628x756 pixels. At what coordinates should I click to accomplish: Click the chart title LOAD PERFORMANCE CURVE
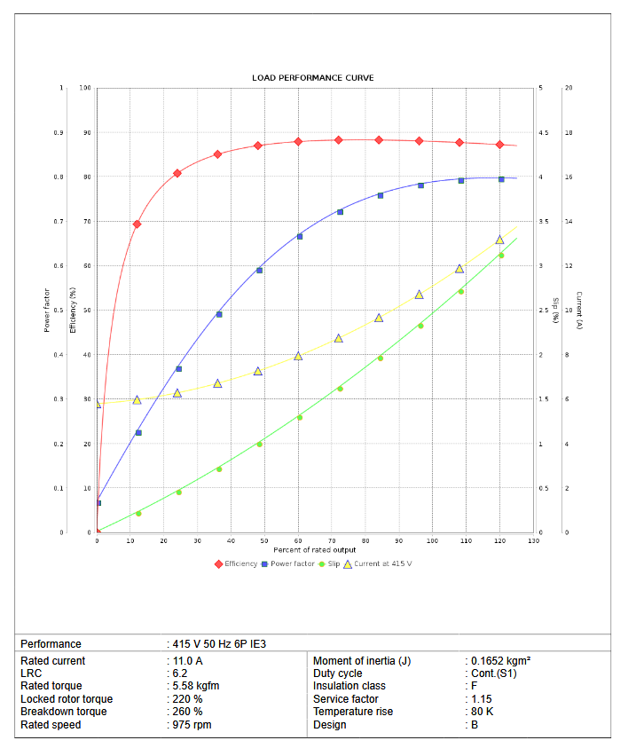click(312, 78)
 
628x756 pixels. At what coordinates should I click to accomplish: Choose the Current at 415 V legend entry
click(377, 563)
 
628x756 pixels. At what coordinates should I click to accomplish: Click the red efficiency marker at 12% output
click(137, 224)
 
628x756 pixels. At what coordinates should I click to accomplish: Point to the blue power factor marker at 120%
click(501, 179)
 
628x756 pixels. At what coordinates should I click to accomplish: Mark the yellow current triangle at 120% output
click(499, 240)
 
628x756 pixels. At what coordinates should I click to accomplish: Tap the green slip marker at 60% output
click(299, 417)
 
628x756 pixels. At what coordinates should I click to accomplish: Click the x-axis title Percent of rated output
click(315, 550)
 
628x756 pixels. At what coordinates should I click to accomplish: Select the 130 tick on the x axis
click(533, 540)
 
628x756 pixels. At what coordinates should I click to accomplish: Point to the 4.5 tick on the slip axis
click(543, 133)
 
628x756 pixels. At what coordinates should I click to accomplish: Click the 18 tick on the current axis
click(569, 133)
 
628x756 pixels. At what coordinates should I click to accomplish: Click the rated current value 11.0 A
click(187, 661)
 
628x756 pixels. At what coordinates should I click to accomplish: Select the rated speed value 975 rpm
click(192, 725)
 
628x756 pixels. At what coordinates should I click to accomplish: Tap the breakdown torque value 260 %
click(187, 712)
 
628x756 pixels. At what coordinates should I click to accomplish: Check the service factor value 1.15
click(482, 699)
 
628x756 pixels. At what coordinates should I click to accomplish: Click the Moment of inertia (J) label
click(362, 661)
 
